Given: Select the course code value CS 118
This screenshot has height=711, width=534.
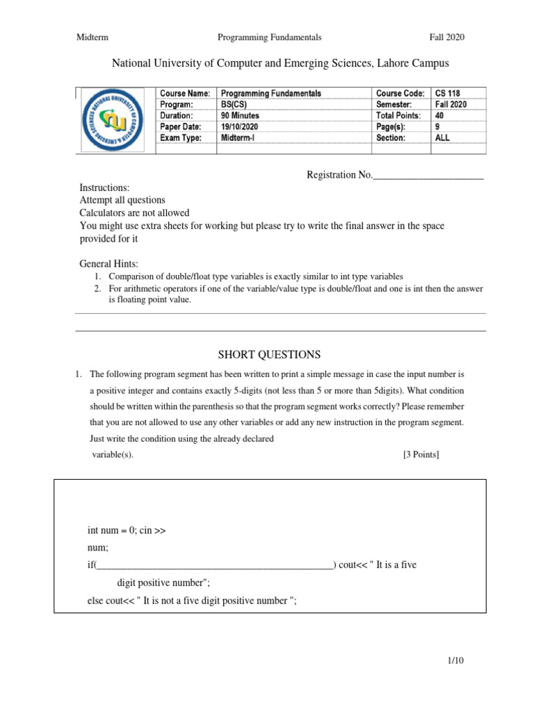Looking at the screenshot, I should (448, 93).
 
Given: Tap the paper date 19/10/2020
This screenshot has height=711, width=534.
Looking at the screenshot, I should (239, 126).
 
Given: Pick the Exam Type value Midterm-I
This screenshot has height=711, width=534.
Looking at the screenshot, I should (237, 137).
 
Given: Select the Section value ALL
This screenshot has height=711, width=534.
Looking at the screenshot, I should (442, 137).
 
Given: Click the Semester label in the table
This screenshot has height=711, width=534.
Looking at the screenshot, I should (394, 104).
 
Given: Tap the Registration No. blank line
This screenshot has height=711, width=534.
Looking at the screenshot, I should (428, 175).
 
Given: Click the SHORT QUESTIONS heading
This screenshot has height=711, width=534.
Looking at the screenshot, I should (270, 355).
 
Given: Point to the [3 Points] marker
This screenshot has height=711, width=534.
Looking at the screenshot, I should (421, 455).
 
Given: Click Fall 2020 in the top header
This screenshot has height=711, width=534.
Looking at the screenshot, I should (446, 37).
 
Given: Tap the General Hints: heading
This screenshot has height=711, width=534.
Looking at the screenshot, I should (109, 264).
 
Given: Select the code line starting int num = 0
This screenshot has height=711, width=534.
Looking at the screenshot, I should (127, 530).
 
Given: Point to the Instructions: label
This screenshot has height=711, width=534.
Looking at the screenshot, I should (104, 187).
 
